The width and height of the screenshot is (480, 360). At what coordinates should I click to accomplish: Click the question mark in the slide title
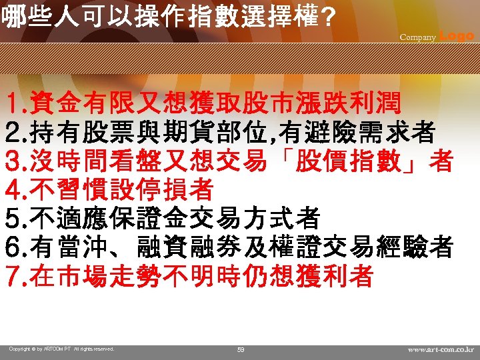click(326, 17)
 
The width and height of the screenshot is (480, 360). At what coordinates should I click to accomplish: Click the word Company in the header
click(417, 37)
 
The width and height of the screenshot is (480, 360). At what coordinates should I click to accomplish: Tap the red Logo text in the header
click(457, 36)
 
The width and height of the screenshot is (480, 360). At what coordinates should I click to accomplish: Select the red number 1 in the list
click(11, 104)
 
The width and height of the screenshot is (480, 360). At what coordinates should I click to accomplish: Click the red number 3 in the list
click(11, 161)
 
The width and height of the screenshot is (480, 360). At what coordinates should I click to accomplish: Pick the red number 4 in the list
click(11, 190)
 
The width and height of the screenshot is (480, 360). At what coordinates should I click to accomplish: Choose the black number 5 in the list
click(11, 218)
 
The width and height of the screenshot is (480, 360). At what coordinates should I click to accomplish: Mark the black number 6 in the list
click(11, 247)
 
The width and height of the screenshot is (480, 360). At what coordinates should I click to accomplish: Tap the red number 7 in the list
click(11, 275)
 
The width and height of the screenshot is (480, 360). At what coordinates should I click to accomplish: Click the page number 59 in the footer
click(241, 349)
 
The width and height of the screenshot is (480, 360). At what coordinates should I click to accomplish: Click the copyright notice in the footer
click(61, 349)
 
